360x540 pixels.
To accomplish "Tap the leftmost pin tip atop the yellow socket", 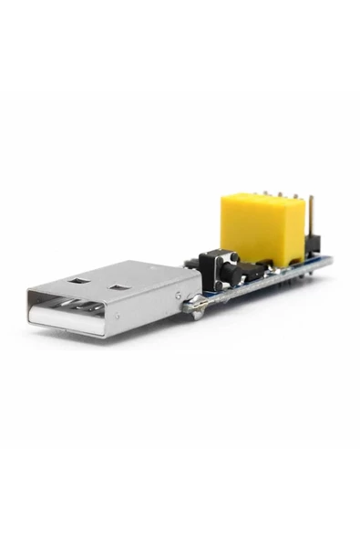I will coord(262,193).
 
